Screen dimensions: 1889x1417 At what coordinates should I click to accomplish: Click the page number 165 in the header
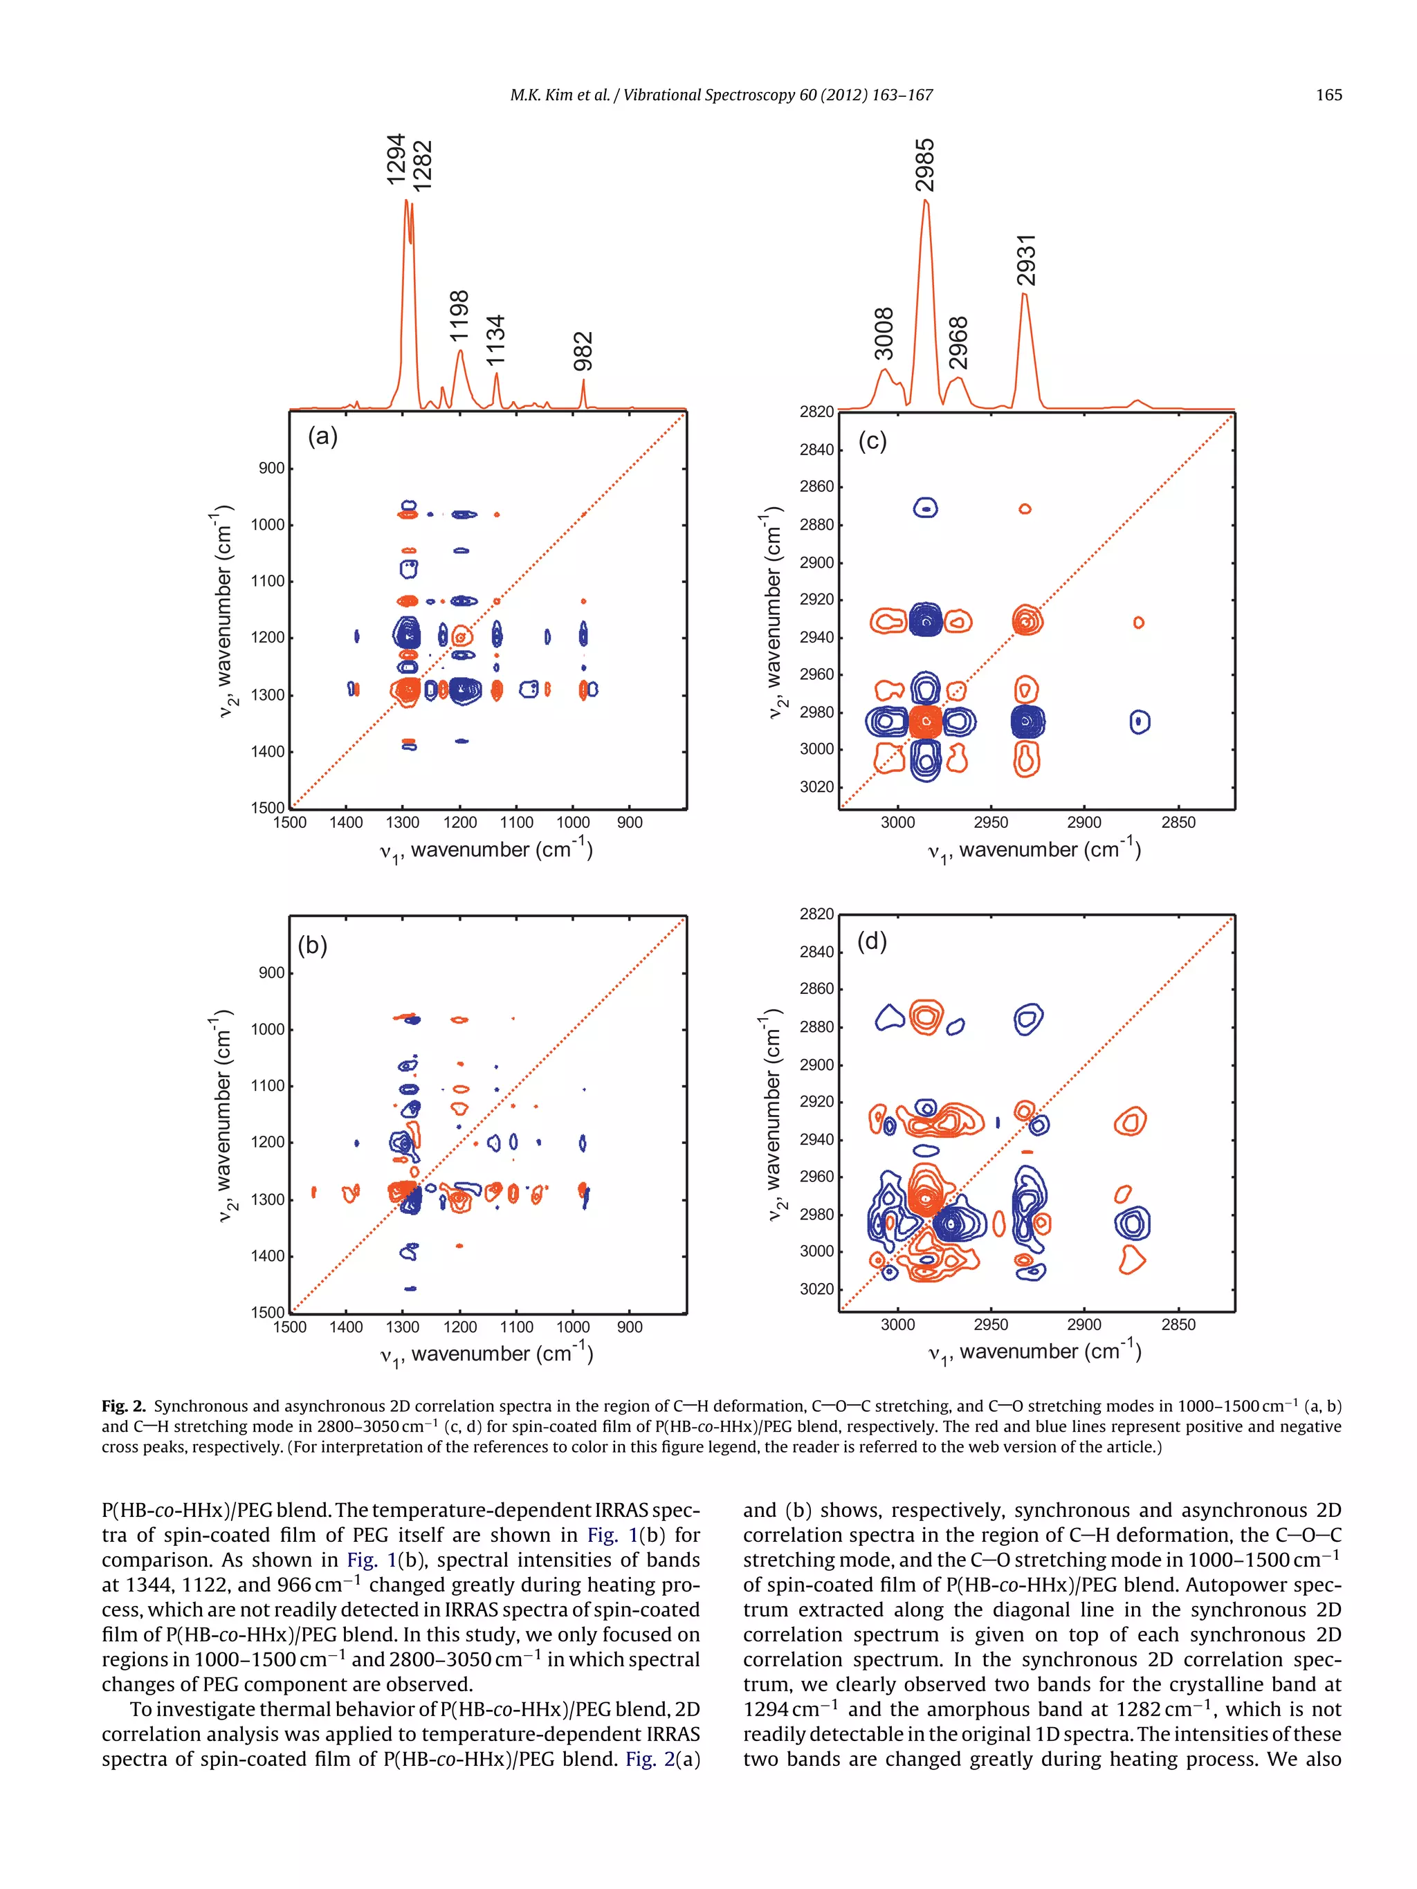pyautogui.click(x=1328, y=95)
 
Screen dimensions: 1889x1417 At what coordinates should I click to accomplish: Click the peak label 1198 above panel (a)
pyautogui.click(x=459, y=315)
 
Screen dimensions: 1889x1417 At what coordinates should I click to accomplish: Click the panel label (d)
pyautogui.click(x=871, y=941)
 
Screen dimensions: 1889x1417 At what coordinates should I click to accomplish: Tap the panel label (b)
pyautogui.click(x=313, y=946)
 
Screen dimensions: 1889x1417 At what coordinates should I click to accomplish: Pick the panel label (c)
pyautogui.click(x=872, y=441)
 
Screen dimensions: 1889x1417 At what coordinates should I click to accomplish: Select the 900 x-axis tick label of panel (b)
pyautogui.click(x=630, y=1327)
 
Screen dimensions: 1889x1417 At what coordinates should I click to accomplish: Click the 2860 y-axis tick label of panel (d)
pyautogui.click(x=816, y=989)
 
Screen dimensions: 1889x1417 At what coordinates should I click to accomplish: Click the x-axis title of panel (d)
pyautogui.click(x=1034, y=1352)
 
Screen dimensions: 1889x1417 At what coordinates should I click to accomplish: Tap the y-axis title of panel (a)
pyautogui.click(x=223, y=611)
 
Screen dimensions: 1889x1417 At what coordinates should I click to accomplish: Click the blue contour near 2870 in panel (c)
pyautogui.click(x=925, y=508)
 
